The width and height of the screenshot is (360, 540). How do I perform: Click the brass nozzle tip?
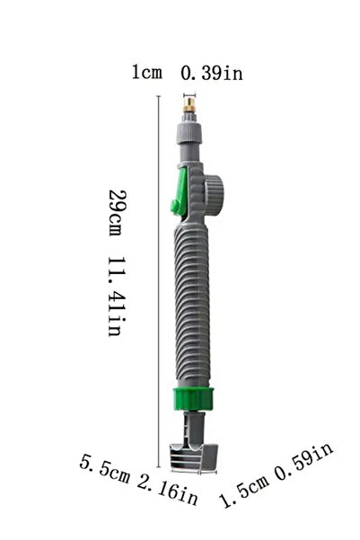189,105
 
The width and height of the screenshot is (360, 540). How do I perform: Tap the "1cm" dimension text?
147,72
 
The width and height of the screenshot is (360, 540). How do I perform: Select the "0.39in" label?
212,73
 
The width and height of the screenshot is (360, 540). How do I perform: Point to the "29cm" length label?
118,212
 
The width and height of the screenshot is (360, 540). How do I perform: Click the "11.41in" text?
117,297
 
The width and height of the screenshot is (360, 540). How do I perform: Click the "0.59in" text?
304,461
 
